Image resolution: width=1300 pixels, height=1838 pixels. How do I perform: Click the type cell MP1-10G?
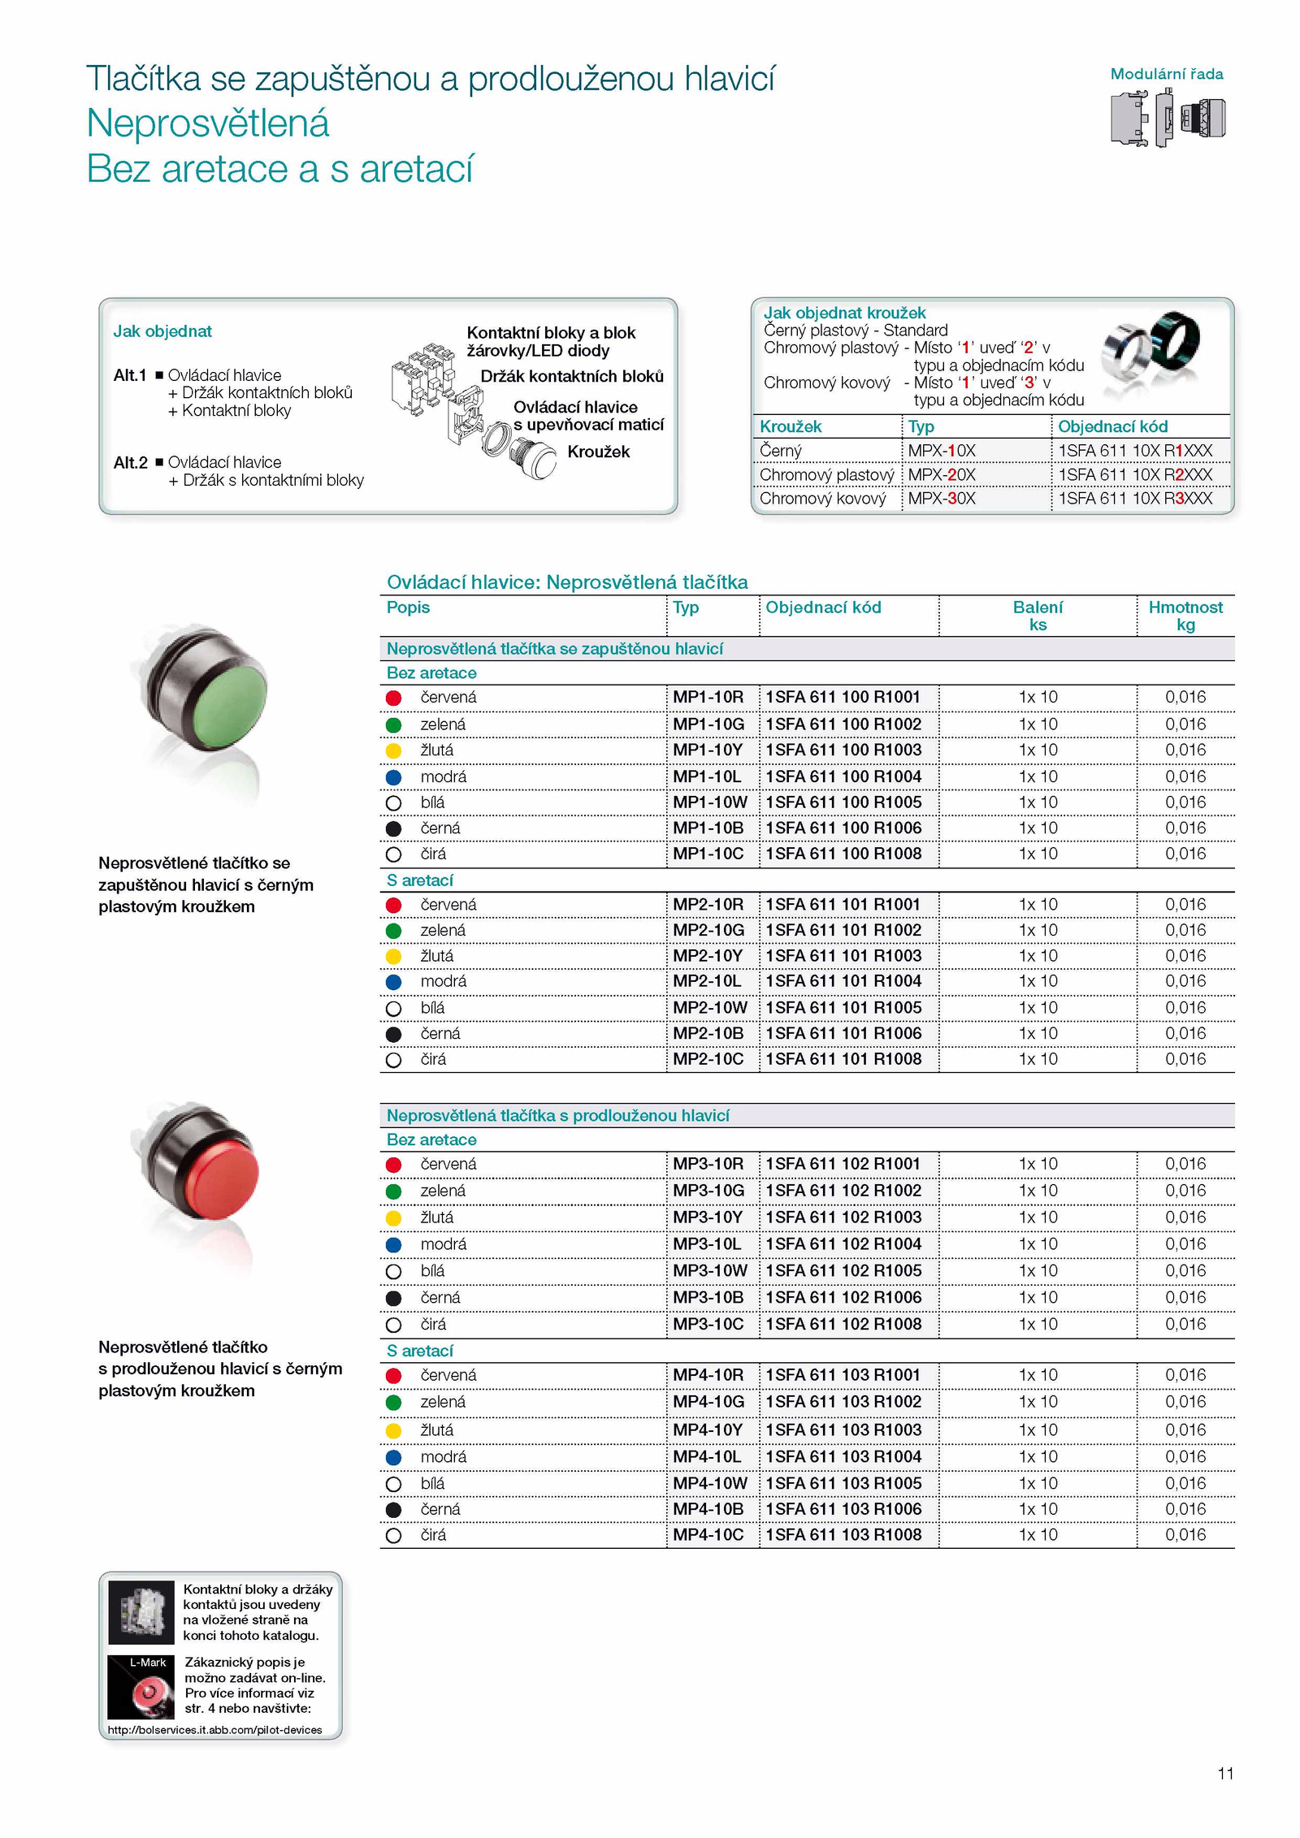click(x=708, y=724)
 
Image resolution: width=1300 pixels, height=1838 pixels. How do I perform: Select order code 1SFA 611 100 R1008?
click(x=843, y=854)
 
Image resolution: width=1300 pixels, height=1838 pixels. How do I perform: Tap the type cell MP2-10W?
click(x=709, y=1007)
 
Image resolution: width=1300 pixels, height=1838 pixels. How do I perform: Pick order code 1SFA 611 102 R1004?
click(x=843, y=1243)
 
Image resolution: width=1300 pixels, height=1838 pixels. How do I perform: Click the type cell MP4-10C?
click(x=708, y=1534)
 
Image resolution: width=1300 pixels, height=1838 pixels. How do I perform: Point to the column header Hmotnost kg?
click(x=1185, y=616)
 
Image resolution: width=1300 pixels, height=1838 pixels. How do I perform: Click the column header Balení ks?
click(x=1037, y=616)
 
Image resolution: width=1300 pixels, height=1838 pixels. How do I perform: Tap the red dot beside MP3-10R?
click(x=393, y=1165)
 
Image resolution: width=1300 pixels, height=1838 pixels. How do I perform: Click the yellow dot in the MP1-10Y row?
click(x=393, y=750)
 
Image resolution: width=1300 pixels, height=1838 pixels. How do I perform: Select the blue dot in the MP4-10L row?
click(x=393, y=1457)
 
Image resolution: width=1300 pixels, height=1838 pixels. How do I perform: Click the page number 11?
click(x=1225, y=1773)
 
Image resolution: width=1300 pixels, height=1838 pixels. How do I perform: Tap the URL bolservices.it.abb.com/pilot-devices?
click(x=215, y=1730)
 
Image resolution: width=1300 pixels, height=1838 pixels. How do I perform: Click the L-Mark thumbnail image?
click(x=141, y=1687)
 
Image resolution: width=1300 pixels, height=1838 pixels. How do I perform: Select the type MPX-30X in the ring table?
click(x=941, y=498)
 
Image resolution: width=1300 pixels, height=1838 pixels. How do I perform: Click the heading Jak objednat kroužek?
click(x=844, y=313)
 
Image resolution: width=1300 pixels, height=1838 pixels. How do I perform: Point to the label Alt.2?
click(x=130, y=462)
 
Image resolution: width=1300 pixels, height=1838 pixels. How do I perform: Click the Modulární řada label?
click(x=1166, y=74)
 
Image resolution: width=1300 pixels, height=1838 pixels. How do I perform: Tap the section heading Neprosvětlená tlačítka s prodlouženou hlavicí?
click(x=557, y=1115)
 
